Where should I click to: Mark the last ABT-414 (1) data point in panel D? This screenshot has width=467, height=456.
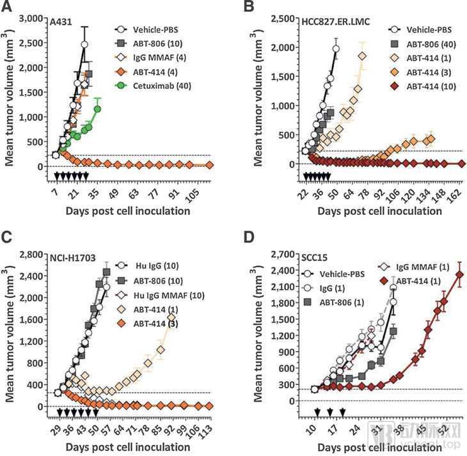(459, 275)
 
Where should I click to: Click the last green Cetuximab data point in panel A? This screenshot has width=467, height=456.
(98, 109)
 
